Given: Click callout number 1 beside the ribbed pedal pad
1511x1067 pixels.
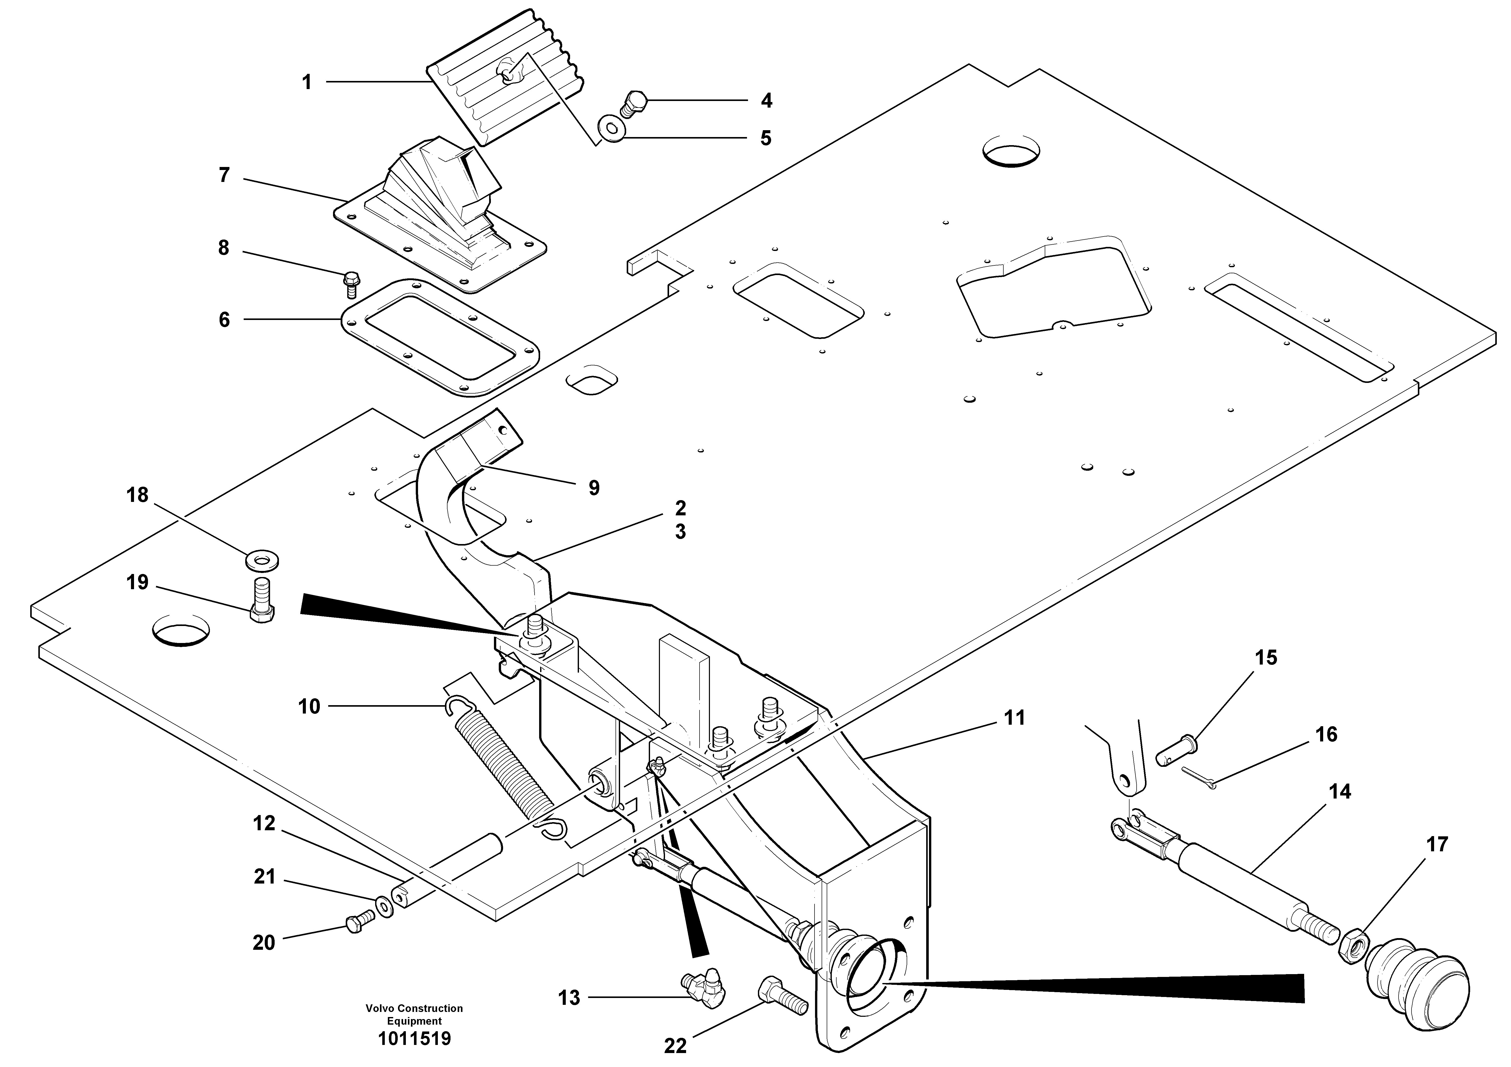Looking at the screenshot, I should pos(306,83).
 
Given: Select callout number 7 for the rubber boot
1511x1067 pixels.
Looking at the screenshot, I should pos(224,176).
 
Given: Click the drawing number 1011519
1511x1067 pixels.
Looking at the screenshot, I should pos(414,1039).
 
